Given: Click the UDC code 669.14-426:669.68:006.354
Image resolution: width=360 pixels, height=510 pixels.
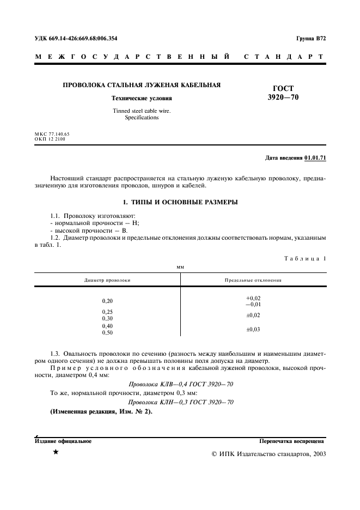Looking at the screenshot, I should coord(76,39).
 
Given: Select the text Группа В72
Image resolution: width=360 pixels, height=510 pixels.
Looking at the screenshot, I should coord(310,39).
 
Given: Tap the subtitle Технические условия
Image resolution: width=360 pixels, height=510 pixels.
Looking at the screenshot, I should coord(142,99).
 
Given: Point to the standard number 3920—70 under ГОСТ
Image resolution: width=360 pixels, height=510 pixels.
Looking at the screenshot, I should coord(283,98).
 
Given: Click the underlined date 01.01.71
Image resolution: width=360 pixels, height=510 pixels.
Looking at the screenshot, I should coord(315,158).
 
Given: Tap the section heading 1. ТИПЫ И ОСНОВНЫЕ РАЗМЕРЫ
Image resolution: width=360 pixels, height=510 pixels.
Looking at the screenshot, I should coord(180,202).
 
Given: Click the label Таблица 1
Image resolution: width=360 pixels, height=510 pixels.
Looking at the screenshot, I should coord(305,259).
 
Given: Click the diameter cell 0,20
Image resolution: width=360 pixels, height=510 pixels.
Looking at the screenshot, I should coord(107,301).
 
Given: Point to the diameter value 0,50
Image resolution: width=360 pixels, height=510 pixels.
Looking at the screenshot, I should coord(107,332).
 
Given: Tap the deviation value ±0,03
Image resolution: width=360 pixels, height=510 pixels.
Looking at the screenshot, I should coord(253,329).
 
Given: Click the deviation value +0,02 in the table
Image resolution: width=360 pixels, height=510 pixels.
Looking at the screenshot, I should coord(253,298).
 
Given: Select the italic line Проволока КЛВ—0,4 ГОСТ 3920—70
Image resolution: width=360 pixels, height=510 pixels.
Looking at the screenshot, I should coord(180,384).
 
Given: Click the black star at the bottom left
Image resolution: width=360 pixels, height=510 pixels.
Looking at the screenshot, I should coord(56,453).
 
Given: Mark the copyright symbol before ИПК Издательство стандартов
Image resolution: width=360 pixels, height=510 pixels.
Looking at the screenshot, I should coord(214,453).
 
